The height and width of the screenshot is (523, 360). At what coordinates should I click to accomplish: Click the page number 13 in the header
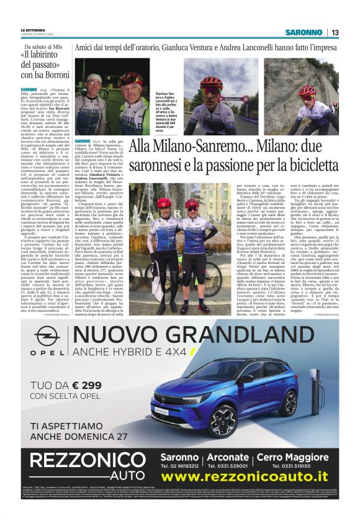click(335, 32)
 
